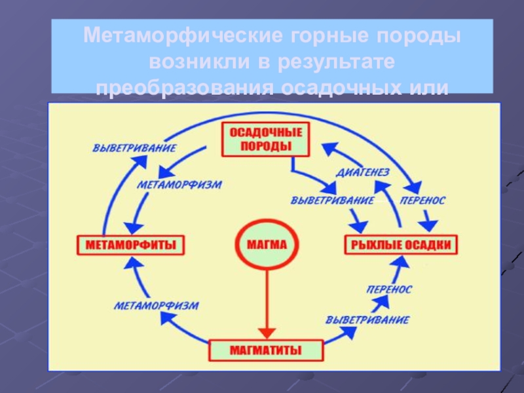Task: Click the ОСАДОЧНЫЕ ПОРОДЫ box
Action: coord(266,139)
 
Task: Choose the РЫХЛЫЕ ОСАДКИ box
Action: coord(400,246)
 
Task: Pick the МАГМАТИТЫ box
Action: coord(266,350)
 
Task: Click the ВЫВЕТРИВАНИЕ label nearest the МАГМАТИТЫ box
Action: coord(367,320)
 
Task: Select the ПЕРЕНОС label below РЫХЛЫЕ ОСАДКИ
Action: coord(389,289)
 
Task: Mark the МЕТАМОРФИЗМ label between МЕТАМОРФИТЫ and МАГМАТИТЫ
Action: coord(157,305)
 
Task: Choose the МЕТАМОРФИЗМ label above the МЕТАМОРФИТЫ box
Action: coord(179,185)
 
